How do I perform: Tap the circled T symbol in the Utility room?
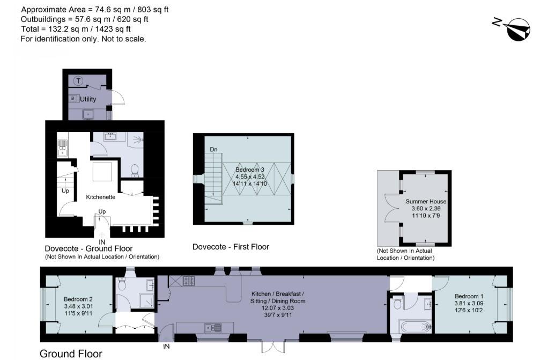[79, 81]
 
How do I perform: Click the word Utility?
[88, 99]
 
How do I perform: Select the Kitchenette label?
[101, 197]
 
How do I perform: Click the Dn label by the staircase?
[213, 149]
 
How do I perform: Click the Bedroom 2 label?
[78, 299]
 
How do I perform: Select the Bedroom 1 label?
[469, 296]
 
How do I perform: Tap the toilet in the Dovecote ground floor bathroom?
[135, 170]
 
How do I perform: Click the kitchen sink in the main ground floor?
[213, 327]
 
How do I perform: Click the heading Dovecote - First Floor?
[231, 247]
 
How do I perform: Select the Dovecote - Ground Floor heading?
[88, 248]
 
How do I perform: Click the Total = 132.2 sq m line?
[75, 30]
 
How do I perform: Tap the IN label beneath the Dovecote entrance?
[102, 242]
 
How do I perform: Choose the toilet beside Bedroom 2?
[122, 286]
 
